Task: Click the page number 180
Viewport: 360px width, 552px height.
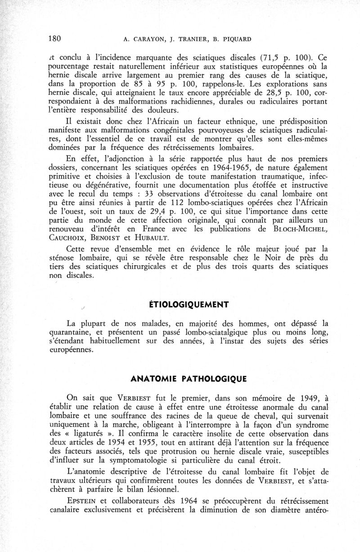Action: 54,38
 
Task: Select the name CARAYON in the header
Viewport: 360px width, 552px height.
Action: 145,39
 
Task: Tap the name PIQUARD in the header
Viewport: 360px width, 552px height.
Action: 236,39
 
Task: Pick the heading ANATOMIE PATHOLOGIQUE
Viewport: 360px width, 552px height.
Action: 188,378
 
